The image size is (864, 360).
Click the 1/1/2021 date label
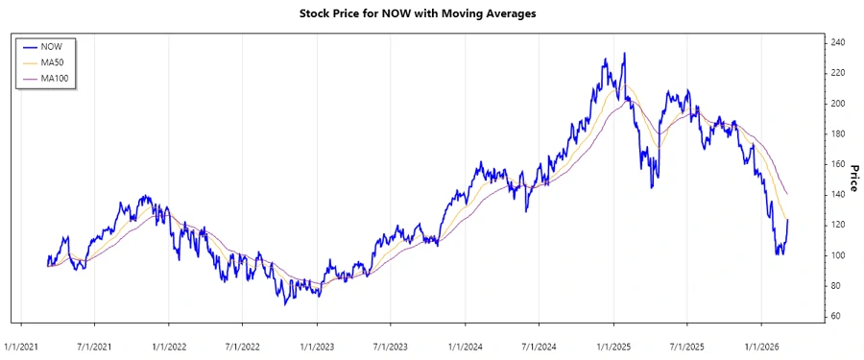pyautogui.click(x=21, y=346)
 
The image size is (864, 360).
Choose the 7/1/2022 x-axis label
pyautogui.click(x=243, y=346)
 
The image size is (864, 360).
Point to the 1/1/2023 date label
pyautogui.click(x=317, y=346)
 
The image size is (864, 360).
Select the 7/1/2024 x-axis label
pyautogui.click(x=539, y=346)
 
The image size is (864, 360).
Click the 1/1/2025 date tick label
pyautogui.click(x=612, y=346)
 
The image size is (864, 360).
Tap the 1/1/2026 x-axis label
pyautogui.click(x=760, y=346)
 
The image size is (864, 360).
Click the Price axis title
pyautogui.click(x=852, y=178)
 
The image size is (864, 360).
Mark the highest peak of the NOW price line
pyautogui.click(x=625, y=54)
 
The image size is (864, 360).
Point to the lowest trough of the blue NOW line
pyautogui.click(x=285, y=304)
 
